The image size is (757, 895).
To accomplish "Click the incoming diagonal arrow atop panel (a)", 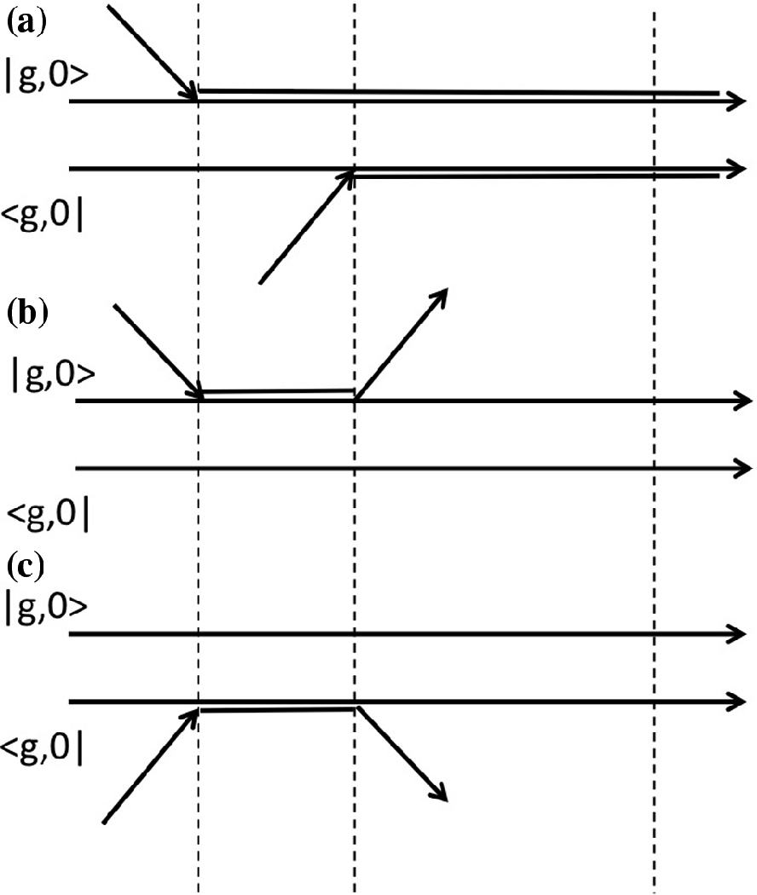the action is pos(153,49).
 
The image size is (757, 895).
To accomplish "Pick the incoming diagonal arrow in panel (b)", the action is pos(159,350).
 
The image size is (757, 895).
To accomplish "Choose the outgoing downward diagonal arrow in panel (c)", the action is pos(402,754).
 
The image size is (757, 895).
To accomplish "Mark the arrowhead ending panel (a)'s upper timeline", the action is pos(738,101).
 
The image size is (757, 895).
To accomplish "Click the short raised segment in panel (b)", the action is pos(277,392).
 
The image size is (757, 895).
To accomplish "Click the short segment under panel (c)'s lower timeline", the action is pos(277,709).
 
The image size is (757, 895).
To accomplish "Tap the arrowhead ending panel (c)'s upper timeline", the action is pos(738,634).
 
